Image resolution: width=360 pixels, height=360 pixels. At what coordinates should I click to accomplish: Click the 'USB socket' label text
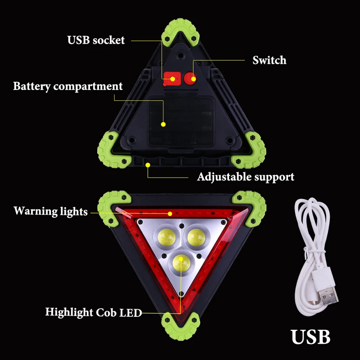click(x=96, y=40)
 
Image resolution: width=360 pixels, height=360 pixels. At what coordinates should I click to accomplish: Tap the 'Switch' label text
click(x=269, y=60)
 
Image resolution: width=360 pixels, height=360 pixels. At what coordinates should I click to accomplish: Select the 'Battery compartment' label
click(x=68, y=86)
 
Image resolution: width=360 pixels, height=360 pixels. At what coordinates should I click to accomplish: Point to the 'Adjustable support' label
click(x=245, y=176)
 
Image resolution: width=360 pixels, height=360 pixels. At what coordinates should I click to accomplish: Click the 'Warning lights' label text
click(x=50, y=211)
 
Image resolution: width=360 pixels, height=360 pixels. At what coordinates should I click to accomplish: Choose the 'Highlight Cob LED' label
click(x=94, y=312)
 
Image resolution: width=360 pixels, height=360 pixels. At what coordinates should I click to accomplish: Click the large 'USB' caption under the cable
click(x=310, y=336)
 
